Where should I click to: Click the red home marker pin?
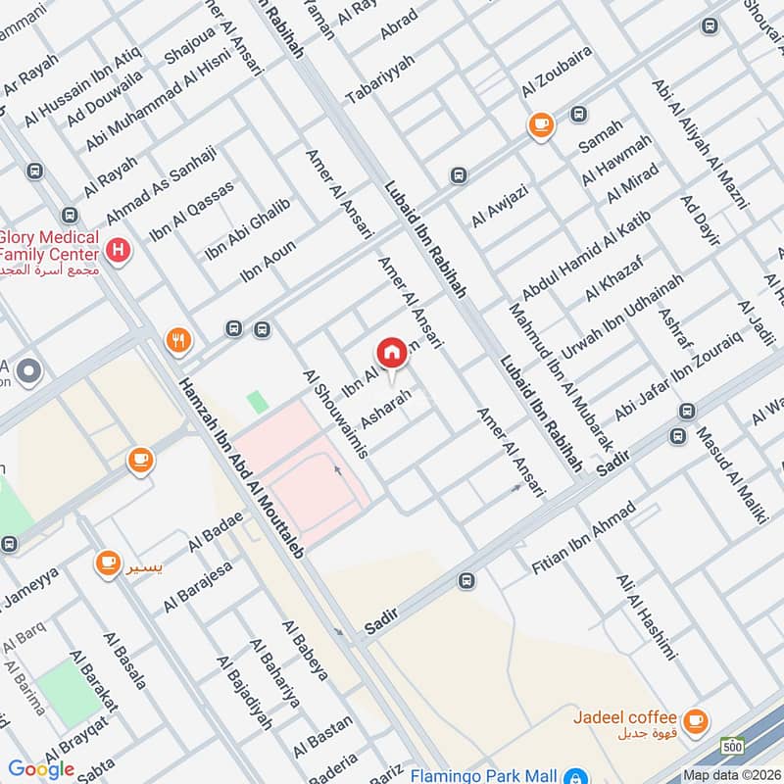390,353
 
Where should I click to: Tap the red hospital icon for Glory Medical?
119,252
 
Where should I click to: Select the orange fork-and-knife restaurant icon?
178,340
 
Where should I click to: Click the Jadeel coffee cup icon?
695,721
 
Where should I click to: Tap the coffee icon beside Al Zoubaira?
540,124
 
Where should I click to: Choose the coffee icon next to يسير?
108,563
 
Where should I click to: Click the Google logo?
41,768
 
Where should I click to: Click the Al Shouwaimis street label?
335,415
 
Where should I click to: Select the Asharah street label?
382,408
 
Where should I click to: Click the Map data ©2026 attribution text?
730,774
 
